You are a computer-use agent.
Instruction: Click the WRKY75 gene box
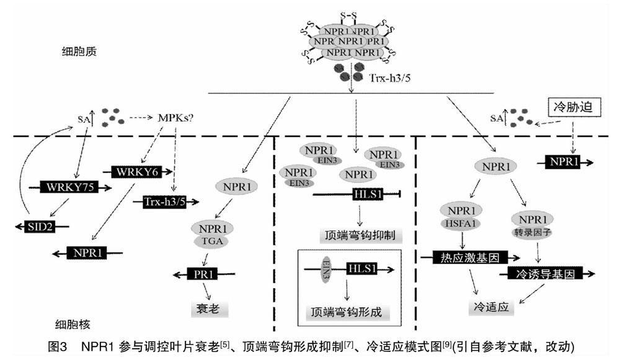tap(69, 187)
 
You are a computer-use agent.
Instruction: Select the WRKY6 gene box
tap(137, 172)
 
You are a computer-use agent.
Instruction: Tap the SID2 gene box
tap(40, 227)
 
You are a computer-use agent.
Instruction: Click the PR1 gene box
tap(203, 274)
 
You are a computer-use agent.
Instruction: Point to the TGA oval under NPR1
tap(212, 240)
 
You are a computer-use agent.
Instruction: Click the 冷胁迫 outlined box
tap(573, 107)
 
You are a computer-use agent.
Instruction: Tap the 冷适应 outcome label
tap(491, 307)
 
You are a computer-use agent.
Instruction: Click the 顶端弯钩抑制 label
tap(360, 235)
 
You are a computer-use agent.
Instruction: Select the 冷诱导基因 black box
tap(545, 273)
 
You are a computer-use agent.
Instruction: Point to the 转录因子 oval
tap(532, 232)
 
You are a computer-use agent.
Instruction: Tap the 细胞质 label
tap(79, 51)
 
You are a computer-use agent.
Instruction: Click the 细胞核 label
tap(73, 325)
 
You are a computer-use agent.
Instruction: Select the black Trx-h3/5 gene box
tap(164, 202)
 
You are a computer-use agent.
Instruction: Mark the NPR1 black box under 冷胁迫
tap(563, 162)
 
